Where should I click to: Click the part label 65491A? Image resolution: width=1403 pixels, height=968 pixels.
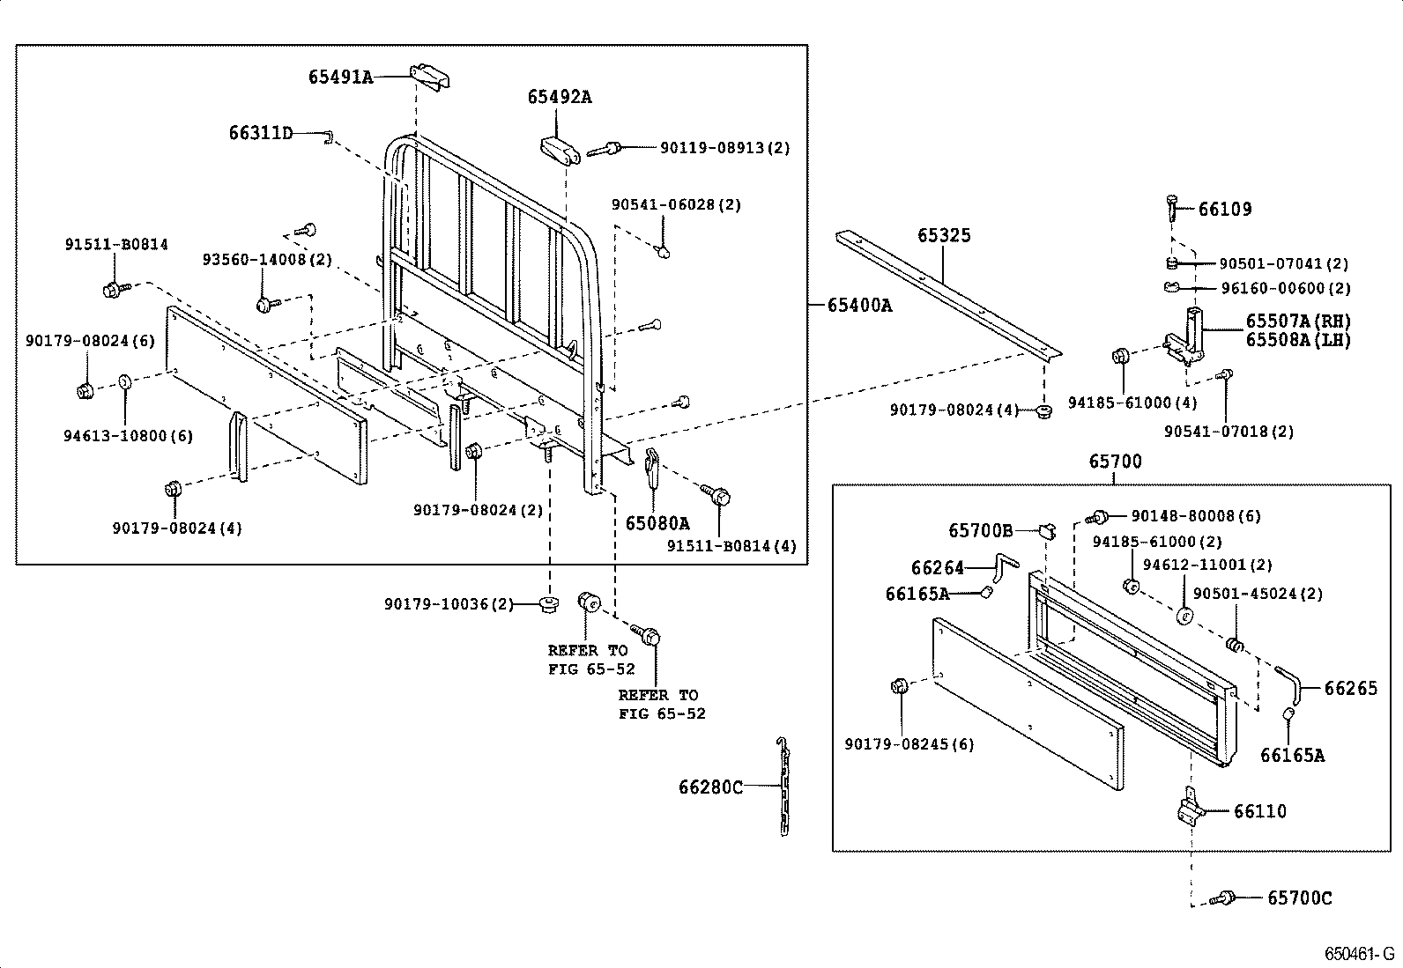click(340, 78)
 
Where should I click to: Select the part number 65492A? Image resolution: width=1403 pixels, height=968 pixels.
click(560, 98)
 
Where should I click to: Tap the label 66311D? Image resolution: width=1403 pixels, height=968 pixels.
click(260, 133)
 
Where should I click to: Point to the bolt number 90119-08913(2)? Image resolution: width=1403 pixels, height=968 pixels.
click(724, 148)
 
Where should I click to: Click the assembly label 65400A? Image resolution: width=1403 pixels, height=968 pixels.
click(859, 306)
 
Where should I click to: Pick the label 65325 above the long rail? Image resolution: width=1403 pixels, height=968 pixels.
click(944, 235)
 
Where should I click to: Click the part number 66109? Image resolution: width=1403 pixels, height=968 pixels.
click(1224, 210)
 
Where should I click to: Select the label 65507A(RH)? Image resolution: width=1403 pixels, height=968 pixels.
click(1298, 321)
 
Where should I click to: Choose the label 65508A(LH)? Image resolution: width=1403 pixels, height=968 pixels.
click(1298, 339)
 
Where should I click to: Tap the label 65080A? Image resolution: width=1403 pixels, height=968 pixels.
click(657, 523)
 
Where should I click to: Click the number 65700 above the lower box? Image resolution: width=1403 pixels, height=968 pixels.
click(1115, 462)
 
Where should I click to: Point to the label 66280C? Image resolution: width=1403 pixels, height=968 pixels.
click(710, 787)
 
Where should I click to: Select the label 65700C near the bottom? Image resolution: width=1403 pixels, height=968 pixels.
click(1299, 898)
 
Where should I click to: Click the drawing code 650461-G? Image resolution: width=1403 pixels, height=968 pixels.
click(1361, 954)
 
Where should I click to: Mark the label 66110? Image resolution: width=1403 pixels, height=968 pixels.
click(1259, 811)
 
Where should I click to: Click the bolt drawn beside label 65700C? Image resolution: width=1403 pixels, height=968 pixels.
click(1222, 899)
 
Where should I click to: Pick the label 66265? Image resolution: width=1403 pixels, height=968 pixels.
click(1350, 688)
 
